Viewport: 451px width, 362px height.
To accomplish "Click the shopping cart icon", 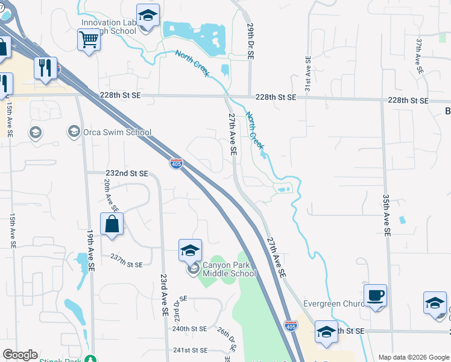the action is (x=89, y=40).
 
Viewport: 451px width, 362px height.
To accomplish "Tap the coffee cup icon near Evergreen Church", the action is (x=375, y=295).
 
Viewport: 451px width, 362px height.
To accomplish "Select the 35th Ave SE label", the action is (x=386, y=214).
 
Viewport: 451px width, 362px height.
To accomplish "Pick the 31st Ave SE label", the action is (x=307, y=74).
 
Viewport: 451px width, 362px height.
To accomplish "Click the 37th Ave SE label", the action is (x=419, y=57).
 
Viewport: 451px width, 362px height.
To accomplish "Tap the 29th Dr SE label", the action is (x=250, y=41).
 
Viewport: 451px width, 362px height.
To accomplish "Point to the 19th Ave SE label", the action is (x=90, y=250).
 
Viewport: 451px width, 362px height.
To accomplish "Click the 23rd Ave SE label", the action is (x=163, y=296).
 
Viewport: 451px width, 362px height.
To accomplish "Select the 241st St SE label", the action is (x=190, y=350).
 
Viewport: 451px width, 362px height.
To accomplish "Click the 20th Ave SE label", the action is (x=108, y=193).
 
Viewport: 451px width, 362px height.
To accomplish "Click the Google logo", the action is (x=20, y=355).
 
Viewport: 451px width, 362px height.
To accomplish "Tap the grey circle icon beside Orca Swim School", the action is (x=74, y=132).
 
